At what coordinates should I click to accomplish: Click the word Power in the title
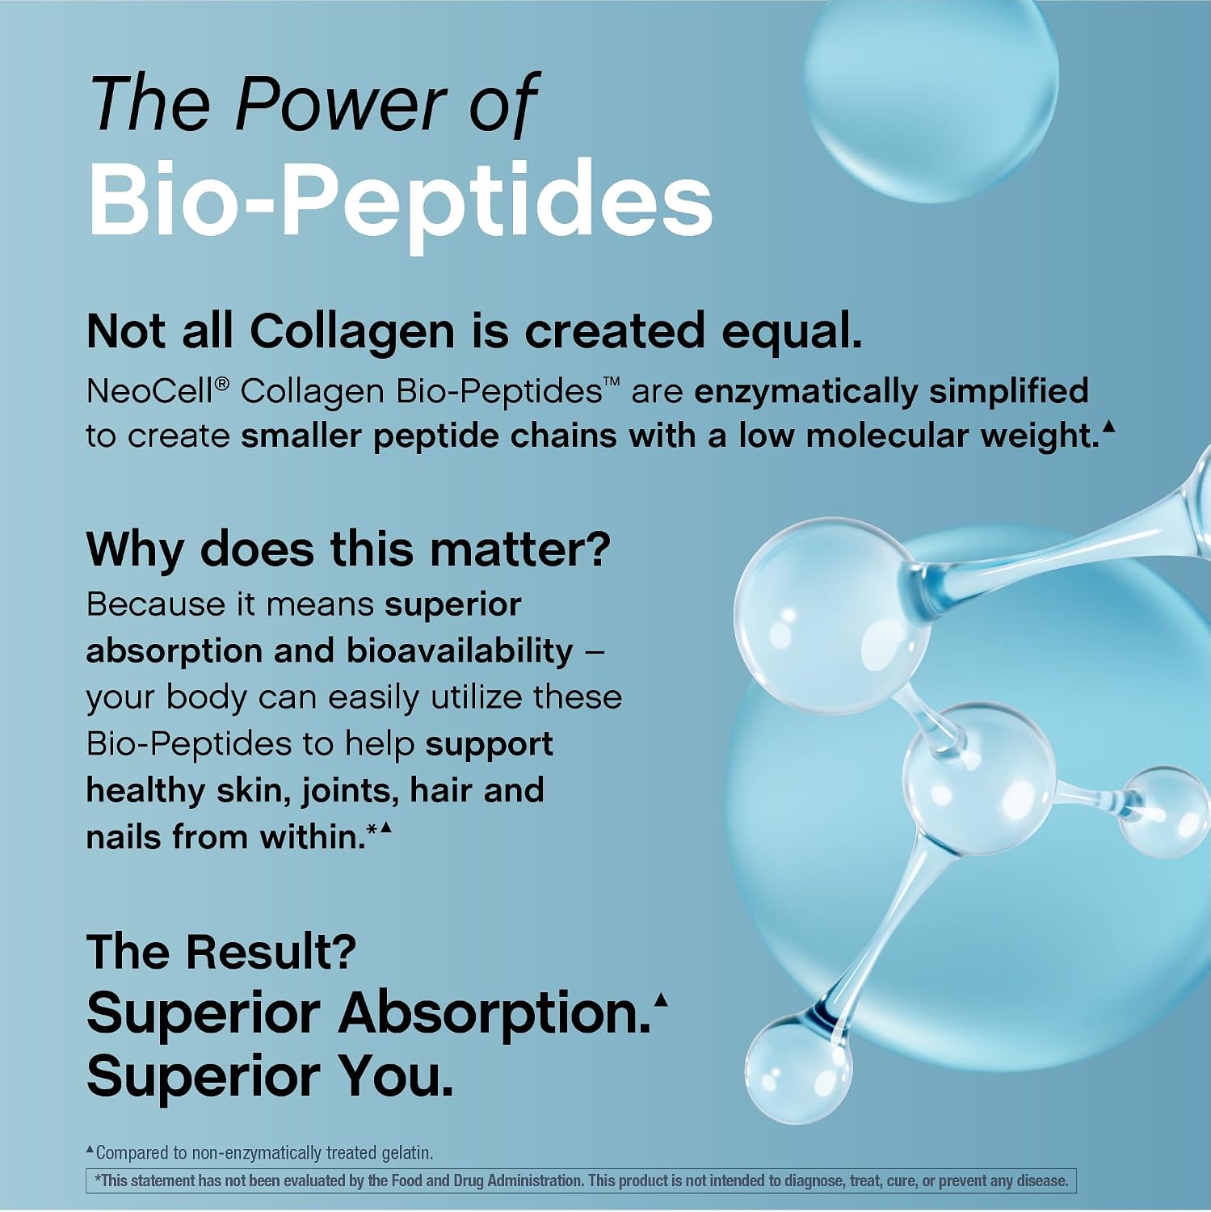pyautogui.click(x=341, y=103)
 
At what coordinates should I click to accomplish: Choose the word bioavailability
pyautogui.click(x=460, y=650)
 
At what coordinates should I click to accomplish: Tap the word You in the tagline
pyautogui.click(x=395, y=1076)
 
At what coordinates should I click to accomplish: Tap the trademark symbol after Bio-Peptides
pyautogui.click(x=612, y=382)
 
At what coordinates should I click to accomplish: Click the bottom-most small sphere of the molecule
pyautogui.click(x=798, y=1069)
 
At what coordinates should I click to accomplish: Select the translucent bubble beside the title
pyautogui.click(x=931, y=79)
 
